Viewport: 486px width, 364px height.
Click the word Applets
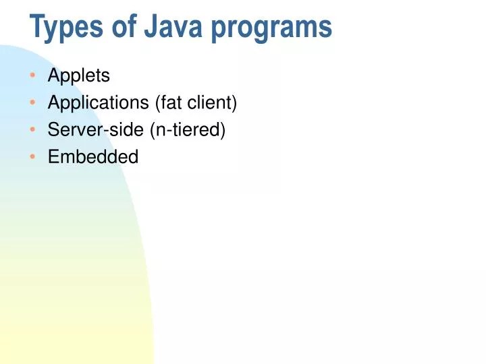(x=78, y=76)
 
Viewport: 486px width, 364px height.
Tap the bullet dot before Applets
(x=34, y=76)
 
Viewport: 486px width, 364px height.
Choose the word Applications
(x=98, y=103)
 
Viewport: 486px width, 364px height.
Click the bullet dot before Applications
(x=34, y=103)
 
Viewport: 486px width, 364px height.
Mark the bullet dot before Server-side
(x=34, y=130)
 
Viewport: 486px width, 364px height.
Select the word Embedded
(x=92, y=157)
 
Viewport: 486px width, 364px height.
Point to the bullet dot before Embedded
(x=34, y=157)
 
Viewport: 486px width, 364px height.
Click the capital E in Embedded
(x=53, y=157)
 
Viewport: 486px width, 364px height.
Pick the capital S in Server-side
(x=53, y=130)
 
